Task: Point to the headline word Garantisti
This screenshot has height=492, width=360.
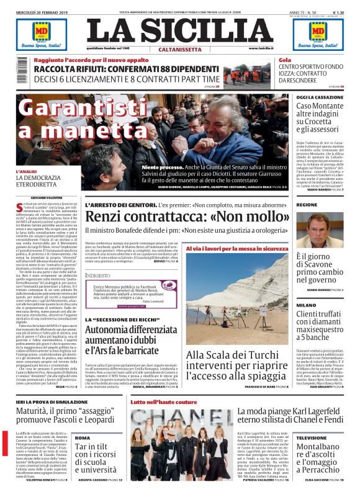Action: click(x=79, y=109)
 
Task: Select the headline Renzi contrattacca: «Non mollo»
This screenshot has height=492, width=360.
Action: click(x=185, y=217)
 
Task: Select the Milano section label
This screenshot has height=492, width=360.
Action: click(x=306, y=305)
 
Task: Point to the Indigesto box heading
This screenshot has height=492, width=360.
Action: click(x=97, y=275)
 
